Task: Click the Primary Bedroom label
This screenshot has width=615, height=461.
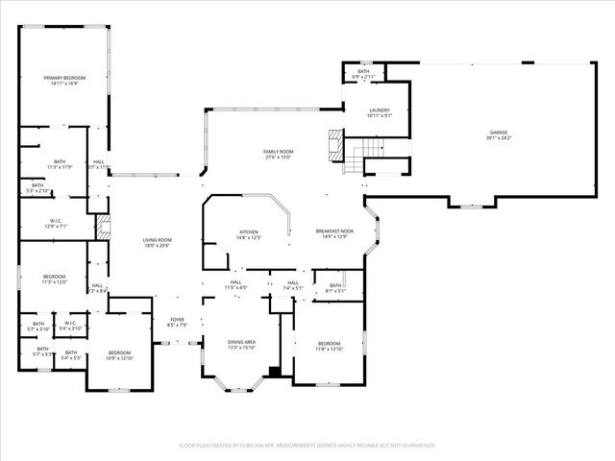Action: tap(64, 80)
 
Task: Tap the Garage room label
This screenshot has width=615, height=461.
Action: tap(498, 135)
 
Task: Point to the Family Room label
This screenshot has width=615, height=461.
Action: tap(279, 155)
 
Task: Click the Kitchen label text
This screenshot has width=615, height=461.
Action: tap(249, 234)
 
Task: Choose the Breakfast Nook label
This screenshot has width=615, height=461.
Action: tap(334, 234)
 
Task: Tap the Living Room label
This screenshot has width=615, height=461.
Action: tap(157, 243)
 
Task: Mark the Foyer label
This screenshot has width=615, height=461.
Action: tap(177, 322)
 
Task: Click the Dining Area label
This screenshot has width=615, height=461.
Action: tap(241, 345)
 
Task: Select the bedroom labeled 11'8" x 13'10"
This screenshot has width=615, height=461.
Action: tap(329, 346)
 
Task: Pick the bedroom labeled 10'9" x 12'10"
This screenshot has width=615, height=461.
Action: tap(119, 355)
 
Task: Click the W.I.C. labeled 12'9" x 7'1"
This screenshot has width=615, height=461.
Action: tap(55, 224)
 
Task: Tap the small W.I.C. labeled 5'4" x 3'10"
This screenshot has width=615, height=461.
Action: tap(70, 326)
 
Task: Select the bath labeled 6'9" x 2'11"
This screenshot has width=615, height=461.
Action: tap(363, 74)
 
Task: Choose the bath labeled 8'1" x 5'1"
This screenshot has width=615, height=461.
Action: tap(336, 287)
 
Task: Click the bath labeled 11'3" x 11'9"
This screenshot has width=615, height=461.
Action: tap(60, 164)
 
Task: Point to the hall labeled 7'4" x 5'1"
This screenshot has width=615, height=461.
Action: tap(293, 285)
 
